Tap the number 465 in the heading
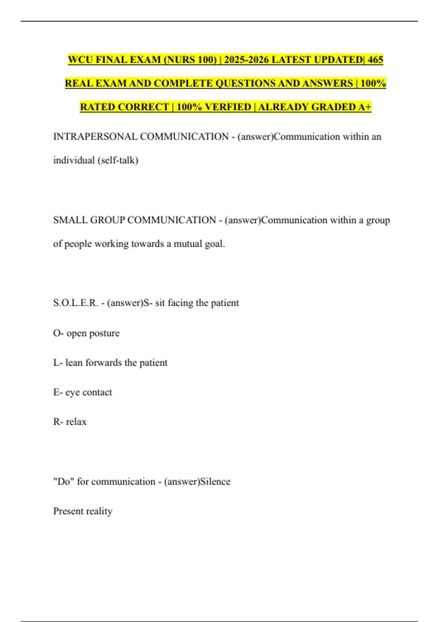coord(375,60)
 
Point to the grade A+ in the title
coord(365,107)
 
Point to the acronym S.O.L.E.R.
coord(76,303)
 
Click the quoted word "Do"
coord(64,482)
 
